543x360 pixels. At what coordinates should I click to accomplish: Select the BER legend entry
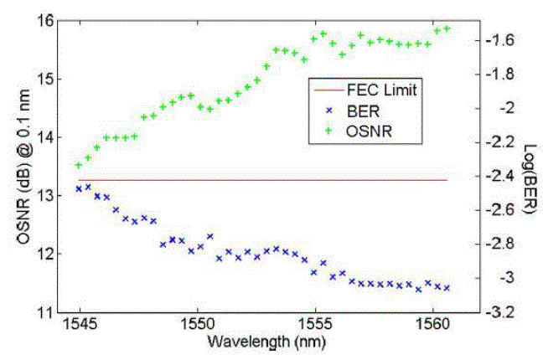point(359,111)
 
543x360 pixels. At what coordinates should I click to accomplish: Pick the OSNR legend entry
point(365,131)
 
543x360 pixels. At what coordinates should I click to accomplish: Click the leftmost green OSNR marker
point(79,165)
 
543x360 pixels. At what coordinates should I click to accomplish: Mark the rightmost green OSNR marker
point(447,28)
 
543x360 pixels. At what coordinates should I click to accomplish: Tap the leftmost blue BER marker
point(79,189)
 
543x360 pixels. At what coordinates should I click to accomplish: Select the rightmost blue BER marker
point(447,288)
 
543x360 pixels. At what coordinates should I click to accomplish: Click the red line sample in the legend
point(325,89)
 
